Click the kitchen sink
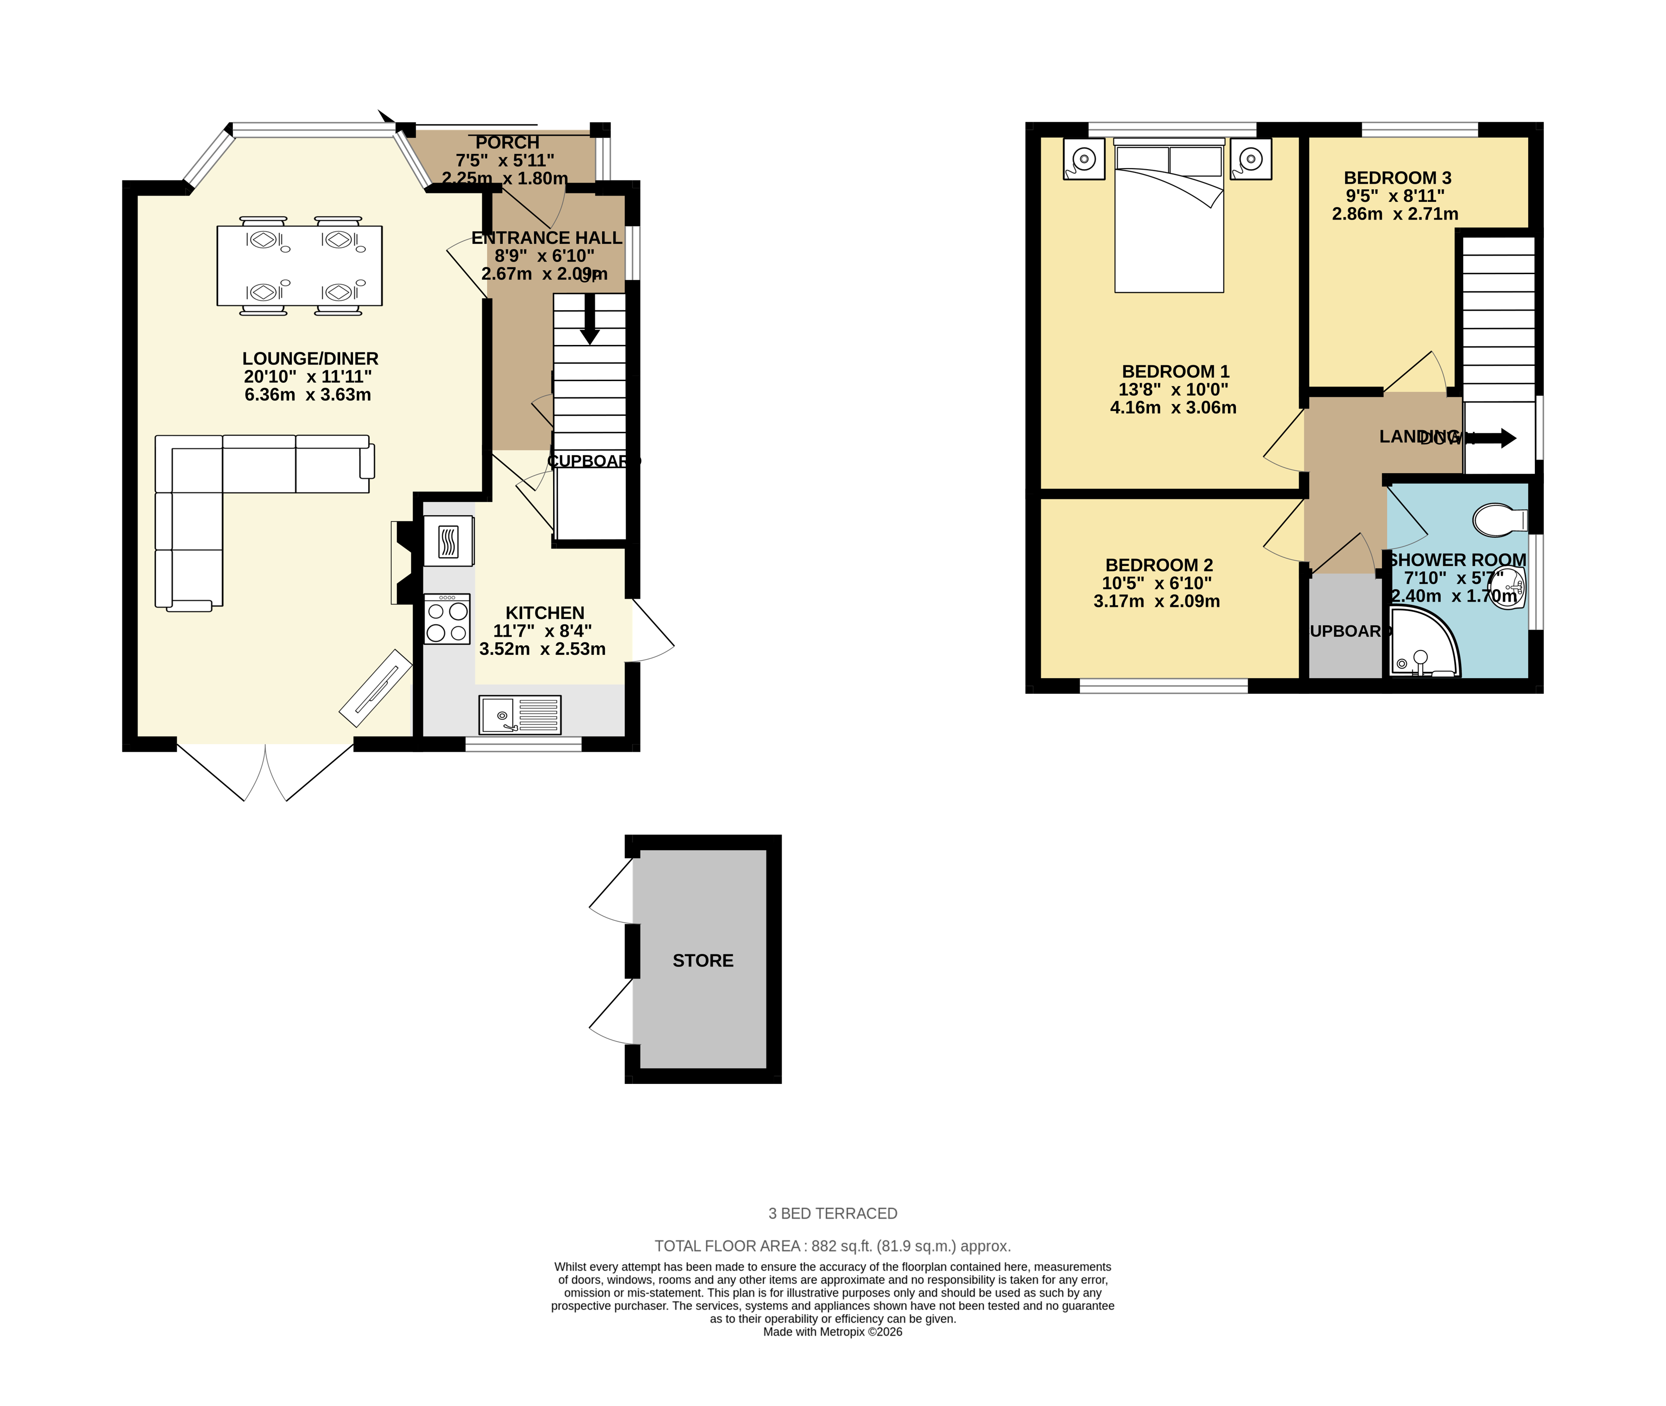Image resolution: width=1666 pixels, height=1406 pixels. [x=520, y=715]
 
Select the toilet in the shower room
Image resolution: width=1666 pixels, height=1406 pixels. [x=1499, y=520]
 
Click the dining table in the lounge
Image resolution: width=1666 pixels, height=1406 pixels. [x=300, y=266]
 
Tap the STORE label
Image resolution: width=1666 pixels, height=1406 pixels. [x=702, y=960]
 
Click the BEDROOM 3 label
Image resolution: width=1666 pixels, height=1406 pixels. [x=1398, y=178]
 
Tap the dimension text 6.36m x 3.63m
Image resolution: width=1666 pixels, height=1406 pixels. [x=308, y=394]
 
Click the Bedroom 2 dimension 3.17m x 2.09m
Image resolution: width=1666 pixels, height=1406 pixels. [x=1157, y=602]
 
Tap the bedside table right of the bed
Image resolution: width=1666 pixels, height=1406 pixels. [x=1250, y=159]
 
